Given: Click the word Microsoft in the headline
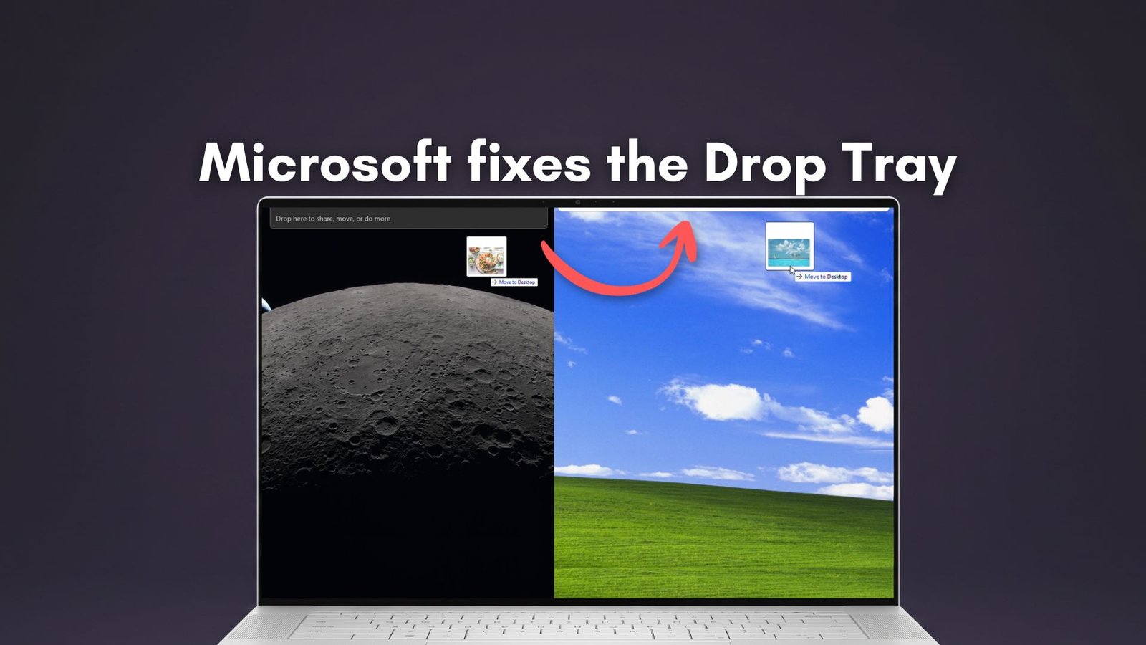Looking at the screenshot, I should point(324,163).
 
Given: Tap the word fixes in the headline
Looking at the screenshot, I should point(529,163).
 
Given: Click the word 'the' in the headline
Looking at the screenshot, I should point(648,163).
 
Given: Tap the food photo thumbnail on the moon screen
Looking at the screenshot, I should point(486,256).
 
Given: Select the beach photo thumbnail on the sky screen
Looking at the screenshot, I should point(789,246).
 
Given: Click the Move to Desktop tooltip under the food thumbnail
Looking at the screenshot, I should point(514,282).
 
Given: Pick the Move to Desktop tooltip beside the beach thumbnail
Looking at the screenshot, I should point(823,277).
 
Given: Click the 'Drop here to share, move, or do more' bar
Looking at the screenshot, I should point(408,219).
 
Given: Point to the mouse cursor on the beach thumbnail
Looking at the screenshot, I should point(793,270).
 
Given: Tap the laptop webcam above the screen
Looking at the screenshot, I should point(578,202).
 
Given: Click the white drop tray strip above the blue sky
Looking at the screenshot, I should point(723,209).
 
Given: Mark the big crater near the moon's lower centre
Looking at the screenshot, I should point(386,425).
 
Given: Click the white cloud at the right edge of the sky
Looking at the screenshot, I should point(877,414).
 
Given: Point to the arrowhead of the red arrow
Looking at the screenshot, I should point(684,236).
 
